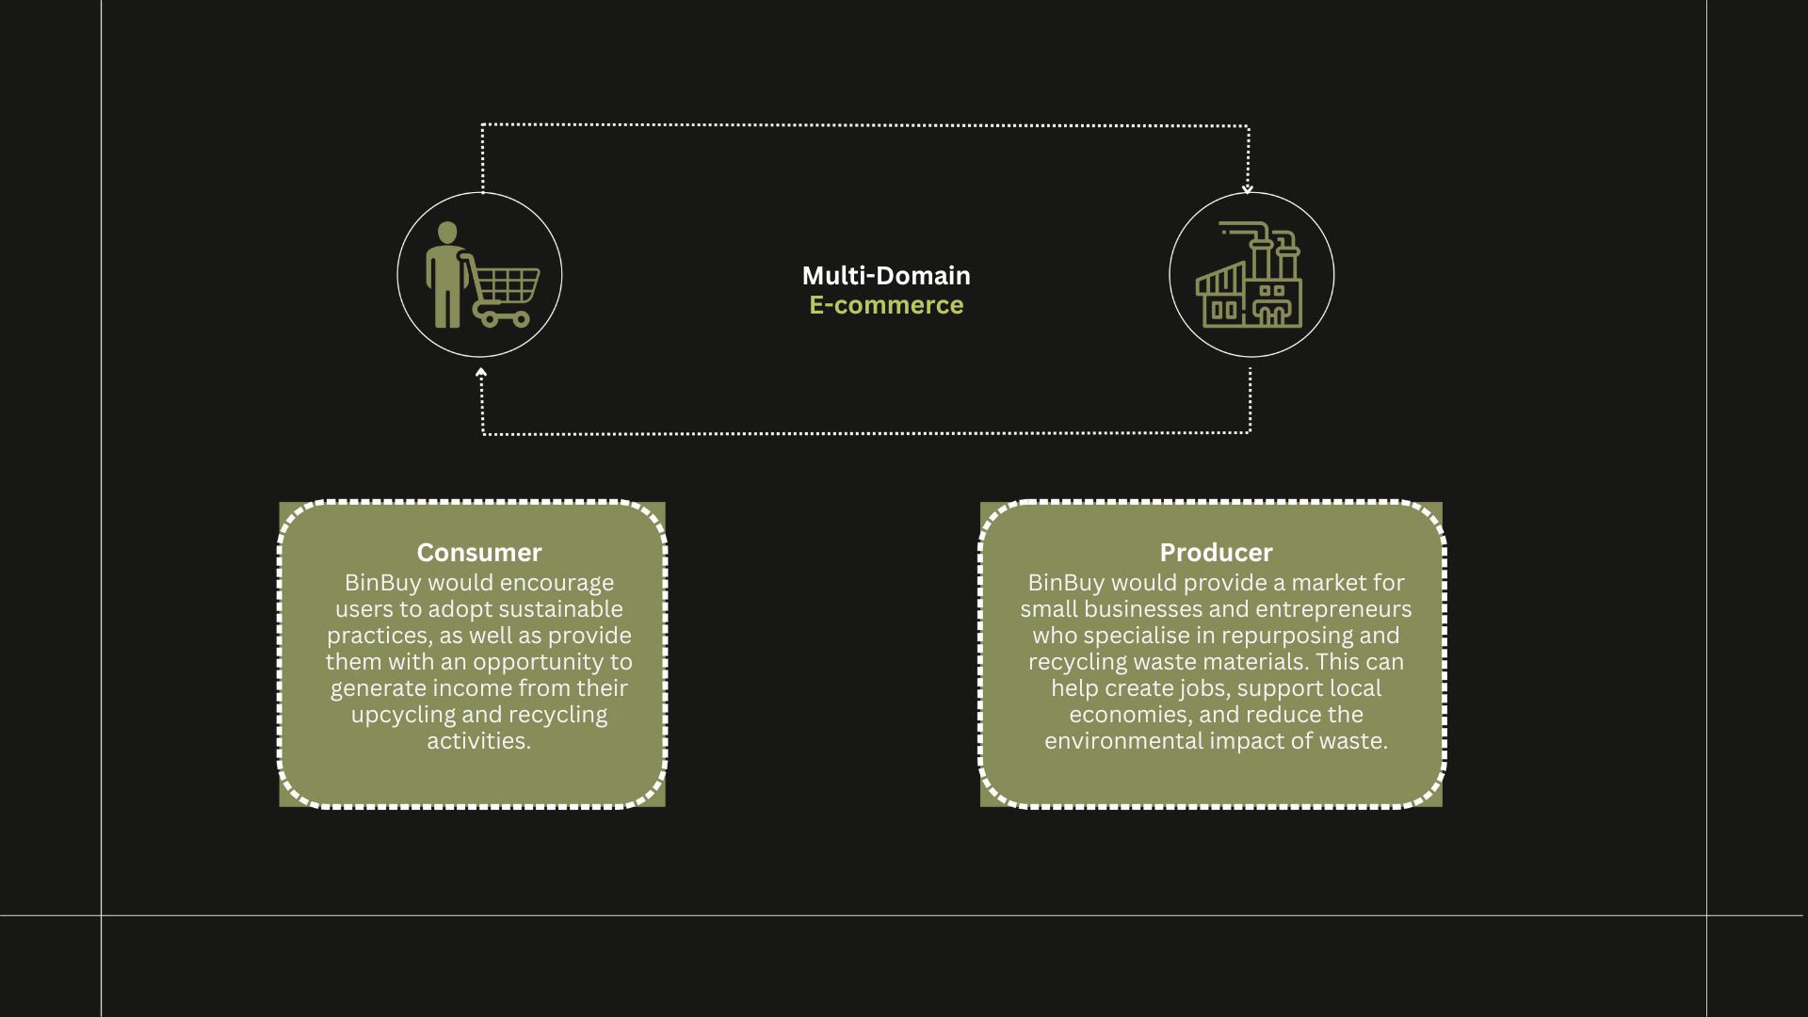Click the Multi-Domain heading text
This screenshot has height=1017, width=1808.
(885, 275)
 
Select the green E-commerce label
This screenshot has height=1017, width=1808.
(885, 305)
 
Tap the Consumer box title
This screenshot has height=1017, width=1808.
(478, 552)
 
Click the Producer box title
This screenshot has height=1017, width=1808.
(1215, 552)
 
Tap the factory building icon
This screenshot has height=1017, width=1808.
(1250, 278)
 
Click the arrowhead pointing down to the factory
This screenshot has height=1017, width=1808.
(1248, 188)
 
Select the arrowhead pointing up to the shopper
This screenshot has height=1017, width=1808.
(481, 374)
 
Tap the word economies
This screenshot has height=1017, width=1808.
(1127, 715)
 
